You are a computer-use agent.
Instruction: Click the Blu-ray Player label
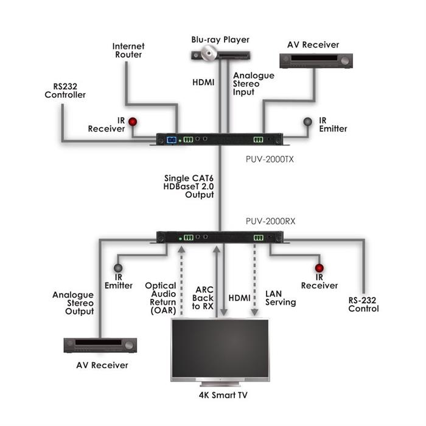pos(220,40)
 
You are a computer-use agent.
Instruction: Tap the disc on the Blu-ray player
pos(209,53)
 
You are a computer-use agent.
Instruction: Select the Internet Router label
pos(128,51)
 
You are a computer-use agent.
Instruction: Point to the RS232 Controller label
pos(65,91)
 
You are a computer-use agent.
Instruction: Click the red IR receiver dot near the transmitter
pos(133,122)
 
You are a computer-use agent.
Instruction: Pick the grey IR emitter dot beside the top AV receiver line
pos(307,122)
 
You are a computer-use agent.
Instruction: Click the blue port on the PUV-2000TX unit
pos(172,140)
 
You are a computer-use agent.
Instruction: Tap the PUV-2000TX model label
pos(270,159)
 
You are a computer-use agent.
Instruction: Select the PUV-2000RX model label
pos(270,221)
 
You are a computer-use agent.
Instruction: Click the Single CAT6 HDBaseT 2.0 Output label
pos(189,186)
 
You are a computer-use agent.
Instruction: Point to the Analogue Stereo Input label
pos(254,84)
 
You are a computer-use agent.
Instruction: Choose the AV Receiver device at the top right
pos(316,61)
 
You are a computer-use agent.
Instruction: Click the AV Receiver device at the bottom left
pos(100,345)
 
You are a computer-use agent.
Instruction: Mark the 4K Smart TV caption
pos(223,395)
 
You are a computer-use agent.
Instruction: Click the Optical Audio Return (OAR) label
pos(161,298)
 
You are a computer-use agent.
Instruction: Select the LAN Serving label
pos(281,298)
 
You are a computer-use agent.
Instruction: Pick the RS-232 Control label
pos(363,304)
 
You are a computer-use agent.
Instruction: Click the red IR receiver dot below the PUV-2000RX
pos(319,268)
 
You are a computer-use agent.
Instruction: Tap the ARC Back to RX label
pos(203,298)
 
